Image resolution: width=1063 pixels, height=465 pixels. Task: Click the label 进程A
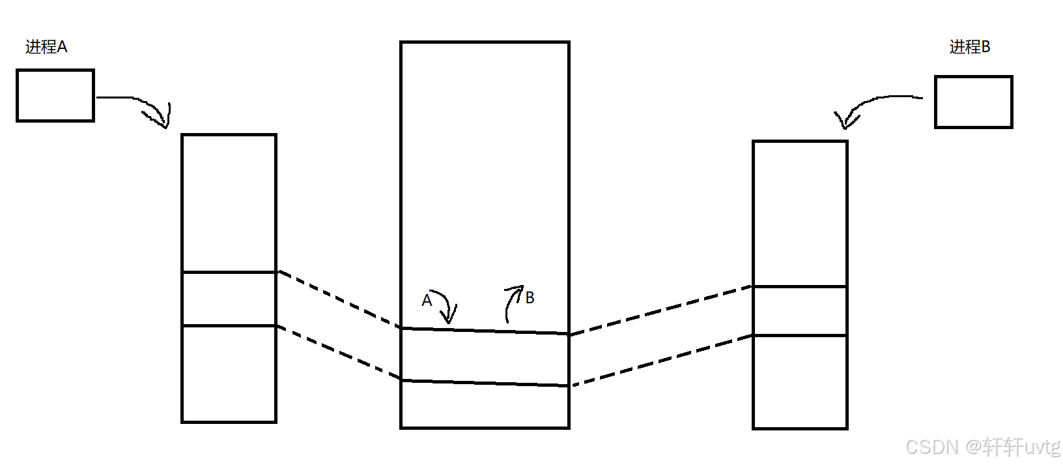point(46,47)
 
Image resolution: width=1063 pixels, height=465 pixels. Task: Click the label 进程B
point(969,47)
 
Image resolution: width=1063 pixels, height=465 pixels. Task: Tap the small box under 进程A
point(55,95)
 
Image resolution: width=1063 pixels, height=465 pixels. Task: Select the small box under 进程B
point(973,102)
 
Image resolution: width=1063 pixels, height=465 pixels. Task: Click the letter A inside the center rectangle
point(427,300)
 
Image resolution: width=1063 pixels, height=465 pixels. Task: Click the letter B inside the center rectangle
point(530,298)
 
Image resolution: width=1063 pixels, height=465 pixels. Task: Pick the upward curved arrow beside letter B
point(511,301)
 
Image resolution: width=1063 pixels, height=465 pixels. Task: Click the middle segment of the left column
point(229,299)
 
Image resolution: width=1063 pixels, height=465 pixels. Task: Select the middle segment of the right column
point(800,311)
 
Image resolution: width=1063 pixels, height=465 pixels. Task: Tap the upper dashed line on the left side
point(339,299)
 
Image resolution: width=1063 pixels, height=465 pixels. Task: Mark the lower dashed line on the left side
point(339,352)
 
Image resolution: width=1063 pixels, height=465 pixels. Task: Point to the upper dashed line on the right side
point(661,310)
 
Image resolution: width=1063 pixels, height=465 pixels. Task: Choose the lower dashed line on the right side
point(661,361)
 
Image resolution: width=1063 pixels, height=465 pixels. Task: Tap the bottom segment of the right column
point(800,382)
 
